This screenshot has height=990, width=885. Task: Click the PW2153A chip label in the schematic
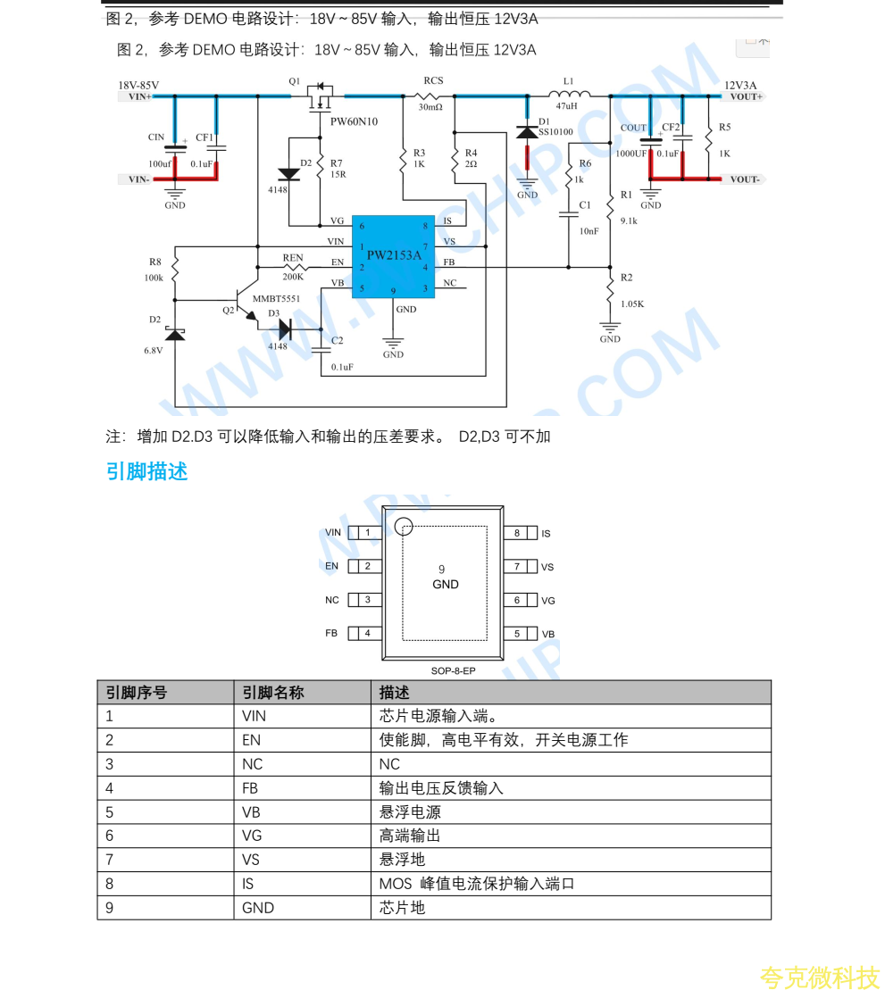point(393,255)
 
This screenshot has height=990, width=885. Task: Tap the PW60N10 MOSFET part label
point(354,121)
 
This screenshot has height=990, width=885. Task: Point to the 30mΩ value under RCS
point(430,107)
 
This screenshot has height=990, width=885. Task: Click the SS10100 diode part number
point(555,131)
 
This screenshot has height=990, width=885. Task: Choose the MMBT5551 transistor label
point(276,299)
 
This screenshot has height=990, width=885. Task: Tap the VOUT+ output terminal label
point(746,96)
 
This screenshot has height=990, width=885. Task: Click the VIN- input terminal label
point(138,179)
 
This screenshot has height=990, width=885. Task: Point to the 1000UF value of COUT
point(631,154)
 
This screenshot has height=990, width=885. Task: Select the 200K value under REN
point(293,277)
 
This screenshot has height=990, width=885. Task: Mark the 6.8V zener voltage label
point(154,351)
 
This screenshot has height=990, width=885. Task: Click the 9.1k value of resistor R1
point(629,220)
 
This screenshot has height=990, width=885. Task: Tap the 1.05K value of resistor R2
point(632,304)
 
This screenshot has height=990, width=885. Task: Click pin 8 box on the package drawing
point(517,533)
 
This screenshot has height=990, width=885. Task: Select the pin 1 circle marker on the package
point(405,528)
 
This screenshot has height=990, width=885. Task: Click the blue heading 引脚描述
point(147,471)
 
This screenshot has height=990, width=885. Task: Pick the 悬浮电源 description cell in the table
point(410,812)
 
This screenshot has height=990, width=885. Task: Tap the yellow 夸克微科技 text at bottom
point(819,977)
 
